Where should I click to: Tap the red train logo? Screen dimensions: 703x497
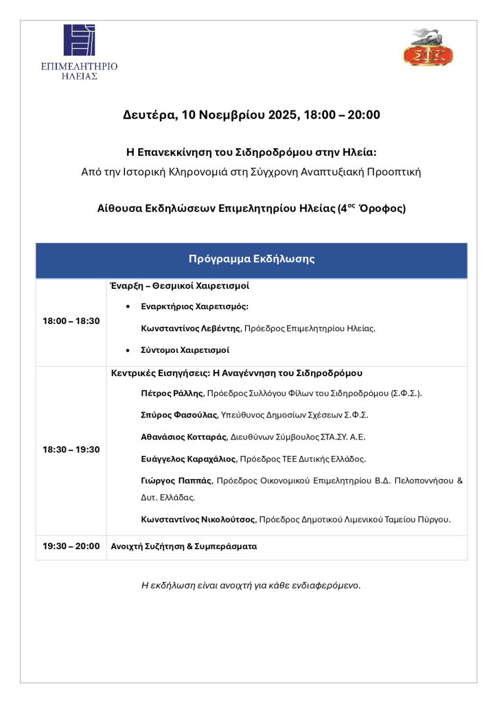click(418, 47)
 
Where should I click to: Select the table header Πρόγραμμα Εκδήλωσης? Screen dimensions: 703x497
click(251, 259)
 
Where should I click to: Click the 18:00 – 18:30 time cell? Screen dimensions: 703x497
click(71, 321)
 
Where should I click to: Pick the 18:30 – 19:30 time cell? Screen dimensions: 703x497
click(71, 450)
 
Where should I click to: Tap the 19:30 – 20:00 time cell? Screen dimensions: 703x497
click(71, 547)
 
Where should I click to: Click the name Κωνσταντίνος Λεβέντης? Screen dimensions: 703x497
click(190, 329)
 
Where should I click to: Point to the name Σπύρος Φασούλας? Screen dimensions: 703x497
click(178, 415)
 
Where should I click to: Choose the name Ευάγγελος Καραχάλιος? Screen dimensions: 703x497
click(188, 458)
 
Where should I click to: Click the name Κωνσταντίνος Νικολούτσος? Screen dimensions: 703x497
click(197, 520)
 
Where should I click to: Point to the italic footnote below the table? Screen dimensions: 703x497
click(251, 586)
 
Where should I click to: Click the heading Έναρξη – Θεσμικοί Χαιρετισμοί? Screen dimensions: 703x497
click(180, 285)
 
